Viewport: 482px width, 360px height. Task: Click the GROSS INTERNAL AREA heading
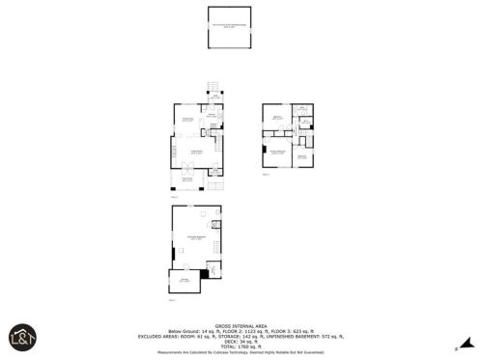[x=241, y=325]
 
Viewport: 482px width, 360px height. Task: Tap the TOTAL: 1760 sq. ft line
[x=241, y=345]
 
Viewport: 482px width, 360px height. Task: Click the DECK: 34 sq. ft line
[x=241, y=340]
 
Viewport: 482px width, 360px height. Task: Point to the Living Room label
[x=194, y=152]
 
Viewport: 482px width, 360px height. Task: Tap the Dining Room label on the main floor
[x=188, y=119]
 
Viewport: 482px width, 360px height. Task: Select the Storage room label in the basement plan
[x=184, y=281]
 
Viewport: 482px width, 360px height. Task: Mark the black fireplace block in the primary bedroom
[x=264, y=151]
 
